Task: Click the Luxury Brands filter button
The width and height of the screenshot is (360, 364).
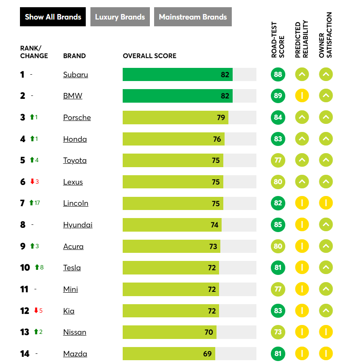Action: (x=120, y=17)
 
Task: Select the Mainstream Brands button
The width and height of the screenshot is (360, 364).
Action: (x=193, y=17)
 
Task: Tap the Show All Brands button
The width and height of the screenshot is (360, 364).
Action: (x=53, y=17)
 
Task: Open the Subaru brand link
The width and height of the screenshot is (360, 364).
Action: (x=76, y=75)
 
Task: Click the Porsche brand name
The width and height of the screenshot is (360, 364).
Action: (x=77, y=118)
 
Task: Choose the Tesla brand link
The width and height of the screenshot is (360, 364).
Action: (x=72, y=268)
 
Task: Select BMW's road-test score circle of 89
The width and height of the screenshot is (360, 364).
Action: (x=278, y=96)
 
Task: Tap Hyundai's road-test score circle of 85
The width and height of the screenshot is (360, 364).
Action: (x=278, y=224)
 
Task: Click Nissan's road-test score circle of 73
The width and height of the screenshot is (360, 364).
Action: (x=278, y=332)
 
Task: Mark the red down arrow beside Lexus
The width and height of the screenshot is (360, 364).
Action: (x=32, y=182)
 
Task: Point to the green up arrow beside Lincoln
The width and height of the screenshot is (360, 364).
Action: (x=31, y=203)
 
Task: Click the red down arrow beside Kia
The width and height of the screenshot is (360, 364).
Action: (x=36, y=311)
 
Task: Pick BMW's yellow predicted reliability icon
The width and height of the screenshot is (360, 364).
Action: (x=302, y=96)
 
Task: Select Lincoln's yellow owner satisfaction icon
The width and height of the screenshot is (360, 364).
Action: (x=326, y=203)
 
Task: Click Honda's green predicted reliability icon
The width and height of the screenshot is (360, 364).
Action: (x=302, y=139)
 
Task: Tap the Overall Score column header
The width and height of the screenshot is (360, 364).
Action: (x=149, y=56)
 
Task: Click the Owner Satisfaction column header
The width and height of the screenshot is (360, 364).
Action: (x=326, y=35)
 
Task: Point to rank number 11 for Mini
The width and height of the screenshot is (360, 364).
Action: (x=24, y=289)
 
